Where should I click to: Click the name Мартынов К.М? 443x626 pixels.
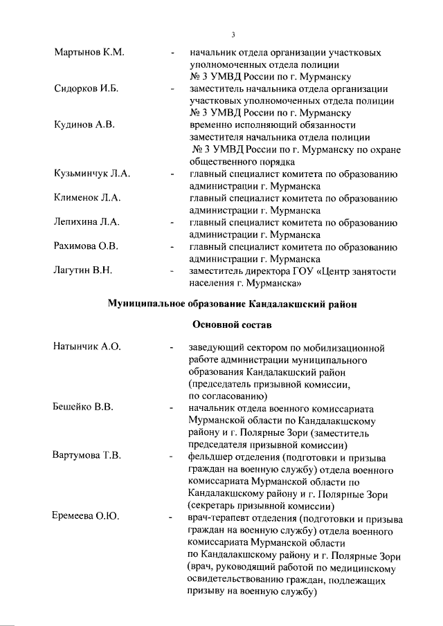(x=89, y=53)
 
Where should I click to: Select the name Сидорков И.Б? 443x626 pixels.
(x=87, y=89)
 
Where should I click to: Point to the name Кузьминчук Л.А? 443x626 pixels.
(x=92, y=174)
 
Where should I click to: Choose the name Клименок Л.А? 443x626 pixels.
(x=87, y=198)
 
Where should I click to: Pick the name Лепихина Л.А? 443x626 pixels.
(x=87, y=222)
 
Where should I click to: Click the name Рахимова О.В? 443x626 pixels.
(x=87, y=246)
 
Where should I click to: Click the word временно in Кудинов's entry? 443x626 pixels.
(x=212, y=125)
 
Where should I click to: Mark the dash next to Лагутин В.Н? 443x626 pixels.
(x=172, y=272)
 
